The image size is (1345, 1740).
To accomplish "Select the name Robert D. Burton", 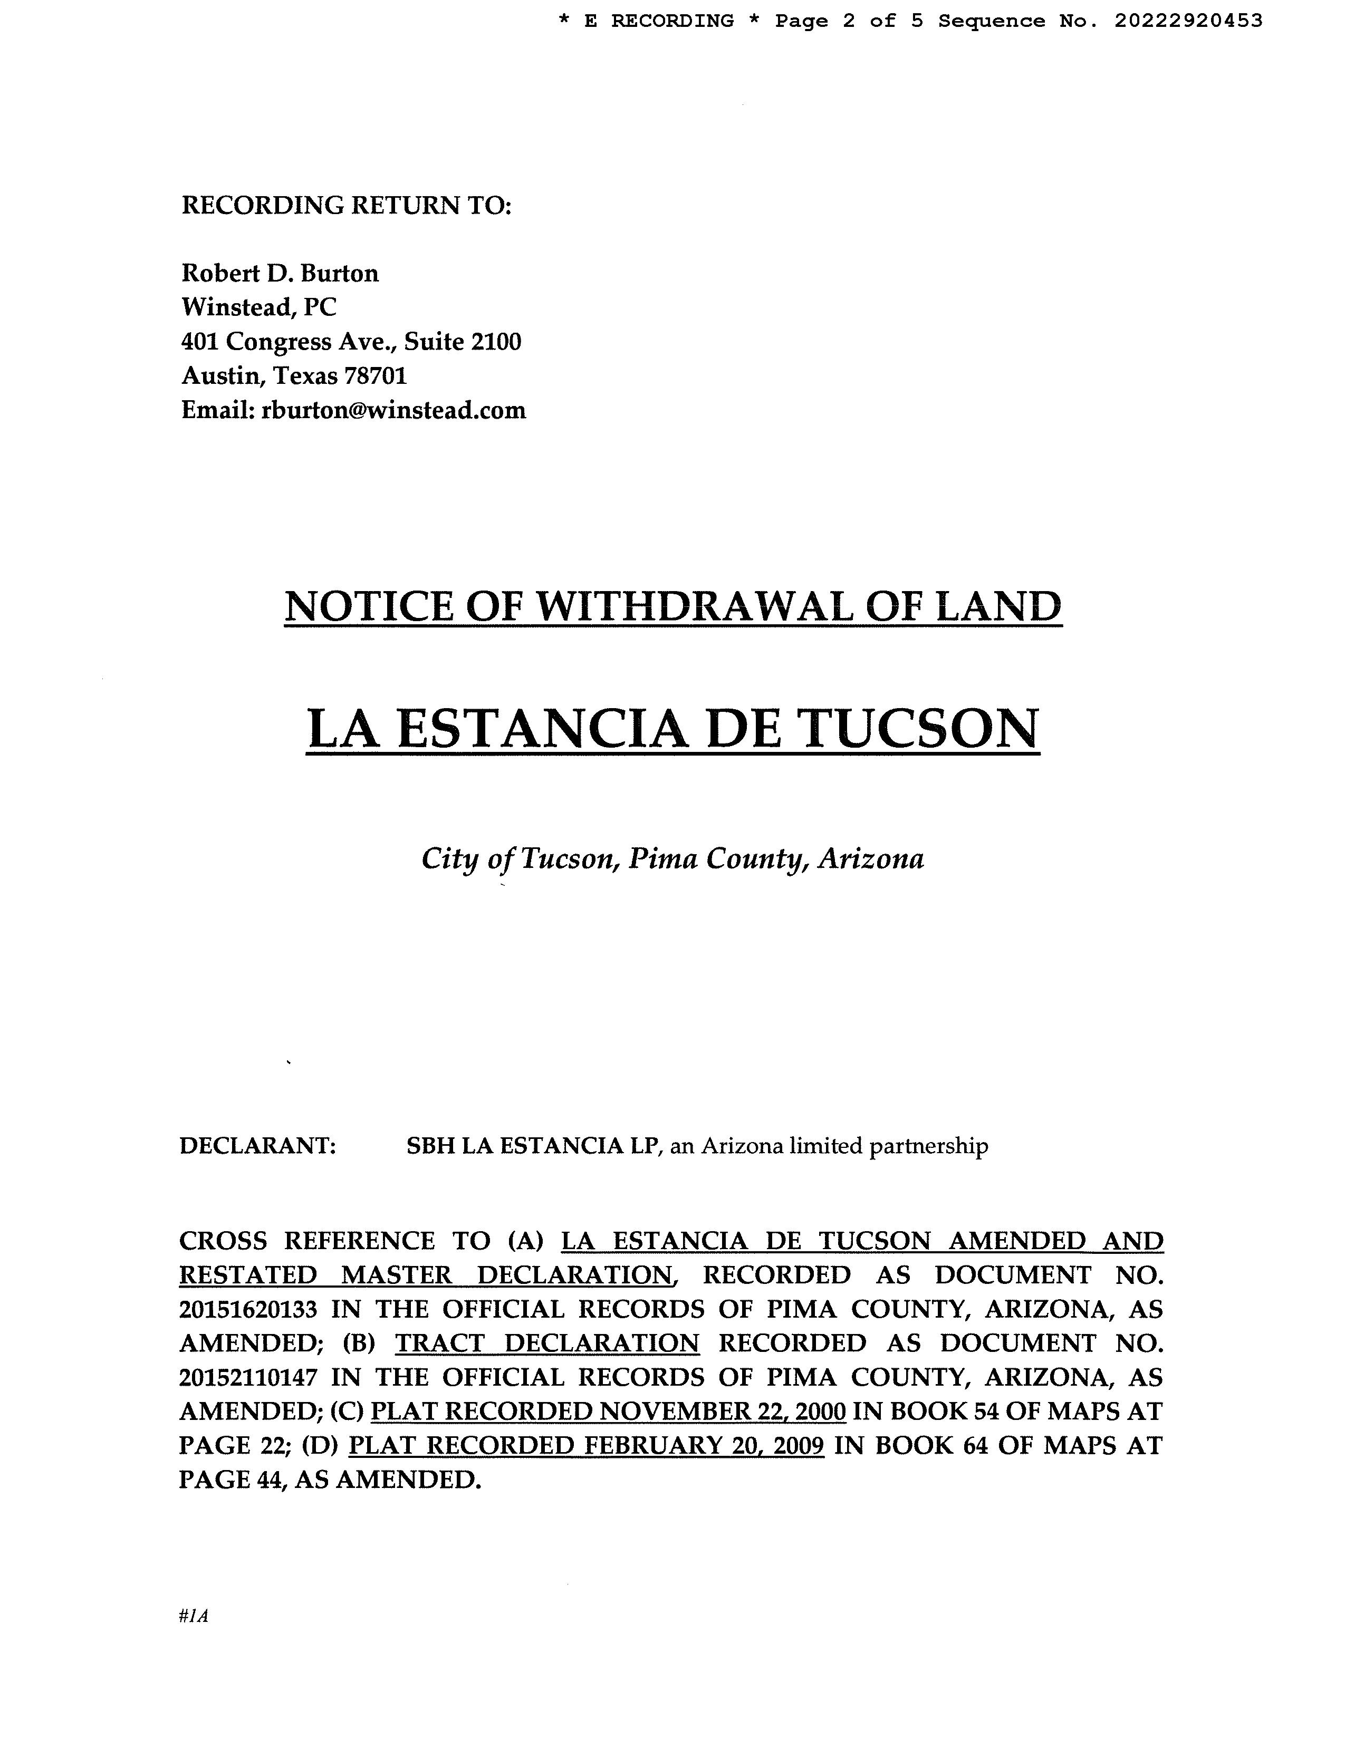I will point(280,273).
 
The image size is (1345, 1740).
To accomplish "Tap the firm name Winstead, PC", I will point(259,307).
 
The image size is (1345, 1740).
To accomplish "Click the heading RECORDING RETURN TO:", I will point(346,206).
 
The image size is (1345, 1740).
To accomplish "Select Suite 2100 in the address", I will point(462,342).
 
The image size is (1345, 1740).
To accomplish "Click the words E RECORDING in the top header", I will point(659,21).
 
